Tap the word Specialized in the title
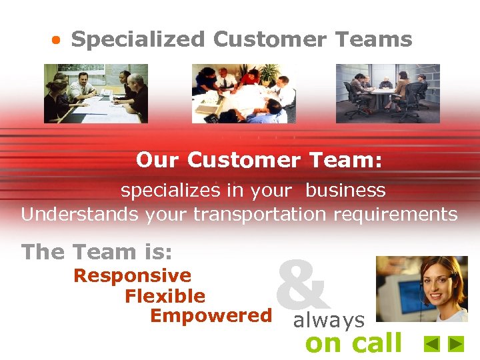(x=138, y=40)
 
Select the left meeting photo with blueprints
(x=96, y=93)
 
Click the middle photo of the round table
(x=239, y=93)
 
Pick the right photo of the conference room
(x=387, y=93)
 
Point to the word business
(x=345, y=191)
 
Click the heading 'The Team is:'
(x=97, y=252)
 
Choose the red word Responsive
(x=132, y=275)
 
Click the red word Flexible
(x=165, y=295)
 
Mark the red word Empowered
(x=211, y=315)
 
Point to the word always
(x=329, y=321)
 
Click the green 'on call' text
(x=353, y=343)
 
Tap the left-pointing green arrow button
(x=432, y=344)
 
